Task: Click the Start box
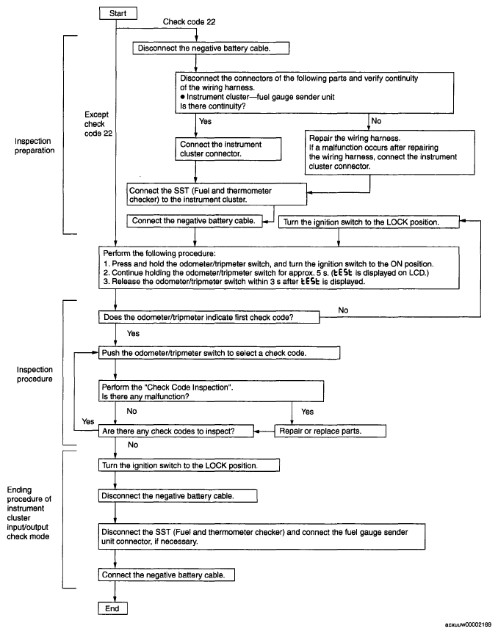[118, 13]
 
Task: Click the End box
[112, 608]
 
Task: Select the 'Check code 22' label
[189, 22]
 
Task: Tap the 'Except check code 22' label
[98, 124]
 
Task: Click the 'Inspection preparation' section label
[35, 145]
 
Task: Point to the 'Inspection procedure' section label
[35, 374]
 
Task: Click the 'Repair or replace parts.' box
[330, 431]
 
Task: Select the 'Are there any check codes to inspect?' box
[176, 431]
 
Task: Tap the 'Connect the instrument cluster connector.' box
[228, 149]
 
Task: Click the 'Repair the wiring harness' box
[389, 153]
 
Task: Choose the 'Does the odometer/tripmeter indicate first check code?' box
[209, 317]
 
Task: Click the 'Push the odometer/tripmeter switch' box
[219, 353]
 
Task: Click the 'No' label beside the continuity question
[376, 121]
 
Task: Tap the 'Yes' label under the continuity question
[205, 121]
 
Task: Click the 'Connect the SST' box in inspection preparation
[217, 194]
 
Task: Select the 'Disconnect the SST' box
[261, 536]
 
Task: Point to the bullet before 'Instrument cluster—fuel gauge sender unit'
[183, 97]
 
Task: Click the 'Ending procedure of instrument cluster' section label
[29, 513]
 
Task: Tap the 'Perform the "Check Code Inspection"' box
[211, 391]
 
